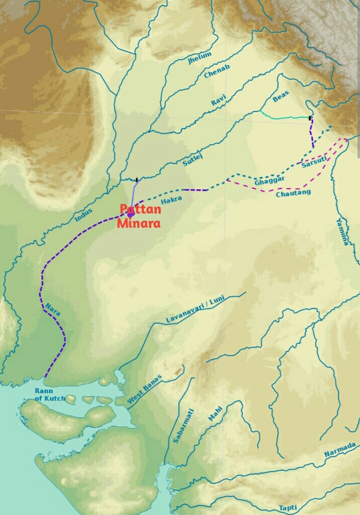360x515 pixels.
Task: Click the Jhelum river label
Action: pyautogui.click(x=200, y=58)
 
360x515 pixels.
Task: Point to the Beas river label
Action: pyautogui.click(x=281, y=97)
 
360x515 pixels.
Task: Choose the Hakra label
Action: pyautogui.click(x=171, y=201)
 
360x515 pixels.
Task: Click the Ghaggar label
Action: pyautogui.click(x=270, y=180)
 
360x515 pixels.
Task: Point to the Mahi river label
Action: pyautogui.click(x=214, y=414)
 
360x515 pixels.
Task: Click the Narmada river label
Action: pyautogui.click(x=340, y=449)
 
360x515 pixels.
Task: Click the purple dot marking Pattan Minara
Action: pyautogui.click(x=130, y=215)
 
